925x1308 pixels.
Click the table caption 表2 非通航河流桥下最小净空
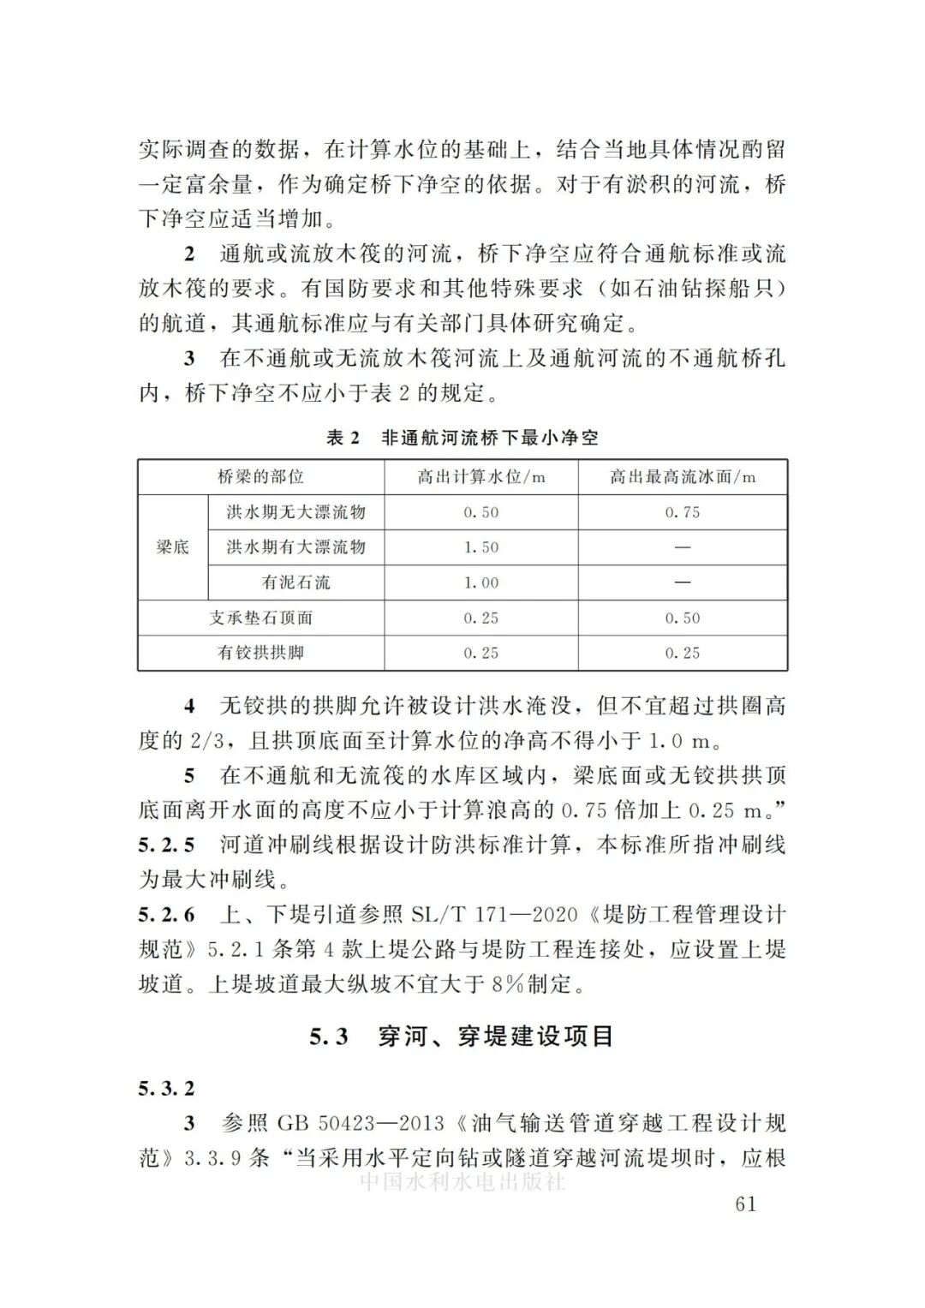coord(462,438)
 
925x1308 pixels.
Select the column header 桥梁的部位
coord(260,477)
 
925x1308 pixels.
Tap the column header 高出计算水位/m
coord(481,477)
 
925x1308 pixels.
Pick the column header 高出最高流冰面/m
coord(683,477)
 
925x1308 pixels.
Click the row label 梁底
coord(172,547)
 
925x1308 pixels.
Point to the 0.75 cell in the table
coord(683,512)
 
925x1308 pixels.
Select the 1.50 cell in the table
coord(481,547)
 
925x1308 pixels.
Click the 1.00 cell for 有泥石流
coord(481,582)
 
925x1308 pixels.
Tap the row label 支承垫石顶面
coord(260,618)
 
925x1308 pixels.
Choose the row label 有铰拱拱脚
coord(260,653)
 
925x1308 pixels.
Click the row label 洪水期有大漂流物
coord(295,547)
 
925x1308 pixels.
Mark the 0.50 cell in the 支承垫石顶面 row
coord(683,618)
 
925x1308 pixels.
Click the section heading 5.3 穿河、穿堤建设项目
coord(462,1036)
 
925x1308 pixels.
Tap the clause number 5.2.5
coord(166,845)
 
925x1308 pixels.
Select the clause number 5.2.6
coord(166,915)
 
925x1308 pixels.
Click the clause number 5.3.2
coord(166,1089)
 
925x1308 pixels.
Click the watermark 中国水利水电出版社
coord(462,1183)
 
